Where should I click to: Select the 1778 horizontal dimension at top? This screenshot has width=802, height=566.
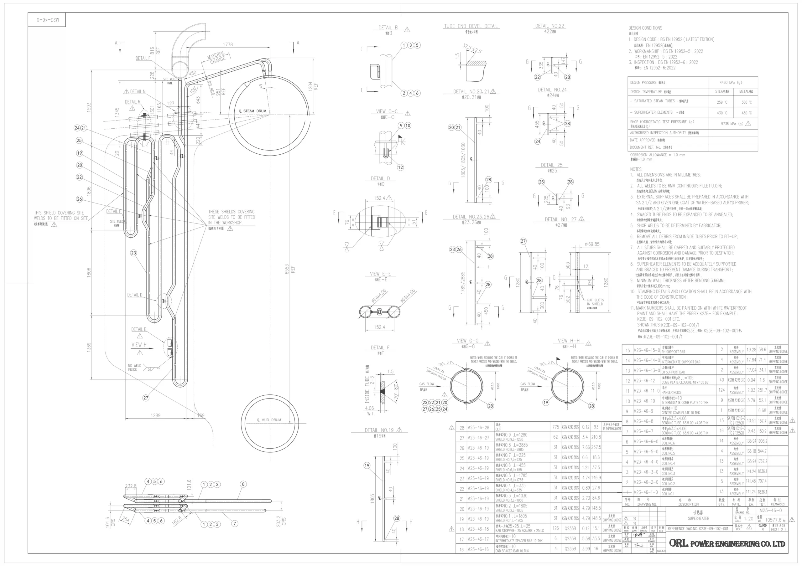pyautogui.click(x=228, y=44)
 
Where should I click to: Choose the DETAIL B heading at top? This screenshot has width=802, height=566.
pyautogui.click(x=388, y=28)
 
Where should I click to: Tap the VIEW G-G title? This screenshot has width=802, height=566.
pyautogui.click(x=467, y=341)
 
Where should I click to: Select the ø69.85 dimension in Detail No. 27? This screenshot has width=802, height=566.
pyautogui.click(x=592, y=244)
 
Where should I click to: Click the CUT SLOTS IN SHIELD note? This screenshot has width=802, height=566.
pyautogui.click(x=595, y=302)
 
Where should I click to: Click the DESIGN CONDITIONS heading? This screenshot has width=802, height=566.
pyautogui.click(x=645, y=28)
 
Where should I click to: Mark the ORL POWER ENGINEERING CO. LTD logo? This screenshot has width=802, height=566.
pyautogui.click(x=727, y=543)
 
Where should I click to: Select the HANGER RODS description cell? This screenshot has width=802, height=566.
pyautogui.click(x=671, y=392)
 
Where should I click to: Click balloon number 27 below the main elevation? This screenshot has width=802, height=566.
pyautogui.click(x=146, y=398)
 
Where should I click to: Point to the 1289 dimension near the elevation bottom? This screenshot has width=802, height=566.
pyautogui.click(x=155, y=415)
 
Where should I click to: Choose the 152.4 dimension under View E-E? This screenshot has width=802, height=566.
pyautogui.click(x=379, y=327)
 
